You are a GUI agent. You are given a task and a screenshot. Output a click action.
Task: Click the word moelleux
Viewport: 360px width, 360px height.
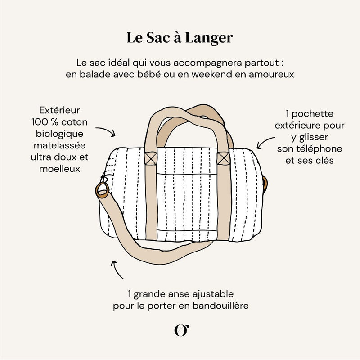(59, 169)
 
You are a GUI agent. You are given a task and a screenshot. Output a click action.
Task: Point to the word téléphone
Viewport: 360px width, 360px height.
(321, 148)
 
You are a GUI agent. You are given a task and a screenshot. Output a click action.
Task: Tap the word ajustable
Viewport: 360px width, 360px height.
(211, 294)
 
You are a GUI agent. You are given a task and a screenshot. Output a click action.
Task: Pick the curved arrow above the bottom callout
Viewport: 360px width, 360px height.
(116, 269)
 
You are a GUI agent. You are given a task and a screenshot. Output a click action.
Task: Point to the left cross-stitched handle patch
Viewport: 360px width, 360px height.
(151, 158)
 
